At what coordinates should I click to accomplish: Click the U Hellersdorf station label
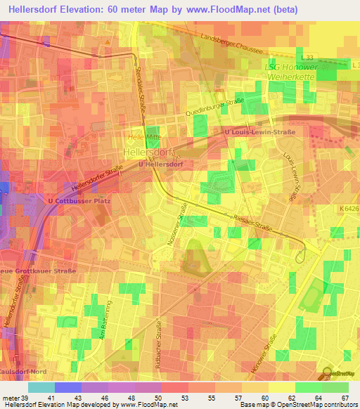pos(161,164)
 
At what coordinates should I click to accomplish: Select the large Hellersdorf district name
pos(143,152)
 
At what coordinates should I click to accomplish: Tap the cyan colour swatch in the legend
pos(41,387)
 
